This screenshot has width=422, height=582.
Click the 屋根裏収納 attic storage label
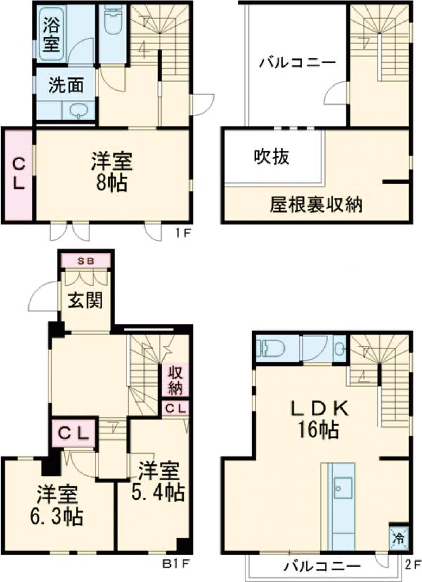(316, 205)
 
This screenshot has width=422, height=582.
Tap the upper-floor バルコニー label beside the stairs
(296, 62)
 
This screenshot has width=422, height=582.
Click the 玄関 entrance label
(86, 301)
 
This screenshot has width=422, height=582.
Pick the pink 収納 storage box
(175, 380)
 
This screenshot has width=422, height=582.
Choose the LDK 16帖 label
(316, 418)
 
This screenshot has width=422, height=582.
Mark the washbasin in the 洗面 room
(77, 110)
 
